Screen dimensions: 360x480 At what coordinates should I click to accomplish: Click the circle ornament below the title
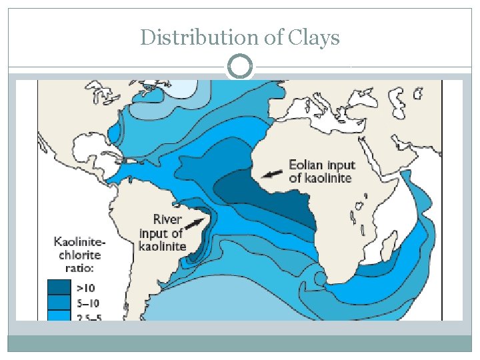(x=240, y=67)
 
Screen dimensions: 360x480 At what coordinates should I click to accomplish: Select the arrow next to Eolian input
(x=271, y=173)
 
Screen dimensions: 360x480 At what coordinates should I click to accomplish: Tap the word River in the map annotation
(x=167, y=219)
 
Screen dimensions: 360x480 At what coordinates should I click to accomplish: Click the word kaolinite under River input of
(x=162, y=247)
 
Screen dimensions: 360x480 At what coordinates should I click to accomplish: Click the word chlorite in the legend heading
(x=79, y=255)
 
